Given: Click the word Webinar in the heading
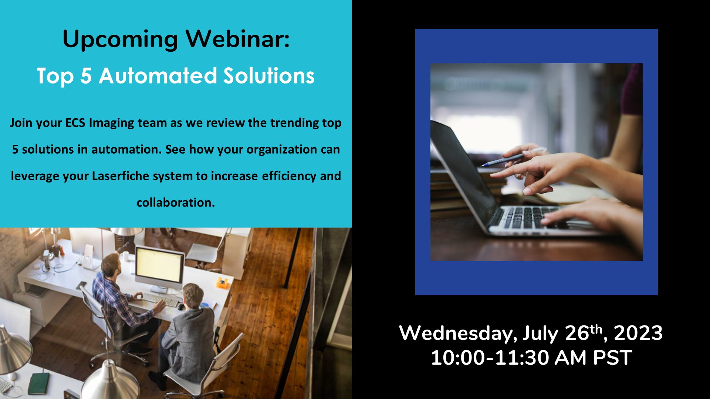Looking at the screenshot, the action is [x=237, y=38].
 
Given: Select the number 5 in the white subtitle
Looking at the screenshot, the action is [x=86, y=76].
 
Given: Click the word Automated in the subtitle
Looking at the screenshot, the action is [x=158, y=76].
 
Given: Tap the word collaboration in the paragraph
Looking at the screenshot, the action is [x=176, y=202].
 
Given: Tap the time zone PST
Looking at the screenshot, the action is [x=612, y=358].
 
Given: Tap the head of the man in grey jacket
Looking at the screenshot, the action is [x=193, y=296].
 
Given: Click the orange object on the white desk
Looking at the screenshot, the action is [x=222, y=283].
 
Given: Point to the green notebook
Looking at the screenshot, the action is [x=39, y=383].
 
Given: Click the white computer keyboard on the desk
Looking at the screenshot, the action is [x=161, y=299].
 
